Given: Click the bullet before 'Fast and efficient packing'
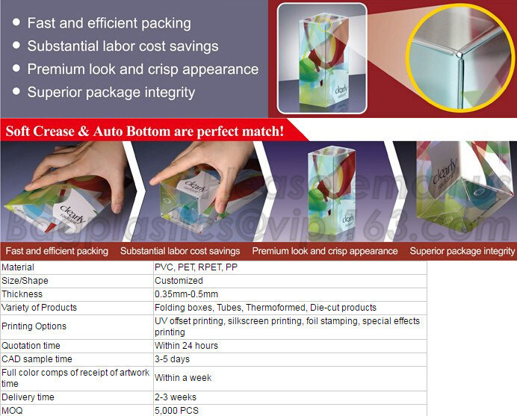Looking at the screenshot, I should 16,24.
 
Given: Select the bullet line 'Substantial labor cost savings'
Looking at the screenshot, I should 123,46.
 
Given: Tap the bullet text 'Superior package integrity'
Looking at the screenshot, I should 111,93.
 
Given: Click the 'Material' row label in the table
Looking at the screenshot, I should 18,267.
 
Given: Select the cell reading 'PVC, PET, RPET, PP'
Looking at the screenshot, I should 196,267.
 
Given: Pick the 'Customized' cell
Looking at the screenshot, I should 179,281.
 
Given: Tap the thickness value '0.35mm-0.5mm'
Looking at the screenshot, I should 186,294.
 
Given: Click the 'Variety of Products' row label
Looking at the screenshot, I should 39,308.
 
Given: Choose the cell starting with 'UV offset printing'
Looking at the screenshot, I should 287,326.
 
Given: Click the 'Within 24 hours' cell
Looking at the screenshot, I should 186,346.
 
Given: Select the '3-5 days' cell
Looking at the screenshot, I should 171,359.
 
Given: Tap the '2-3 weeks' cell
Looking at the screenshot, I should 175,397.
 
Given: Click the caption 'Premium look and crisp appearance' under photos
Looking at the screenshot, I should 324,252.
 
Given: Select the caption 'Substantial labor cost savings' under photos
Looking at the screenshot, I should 180,252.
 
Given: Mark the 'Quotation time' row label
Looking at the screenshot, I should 31,346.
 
